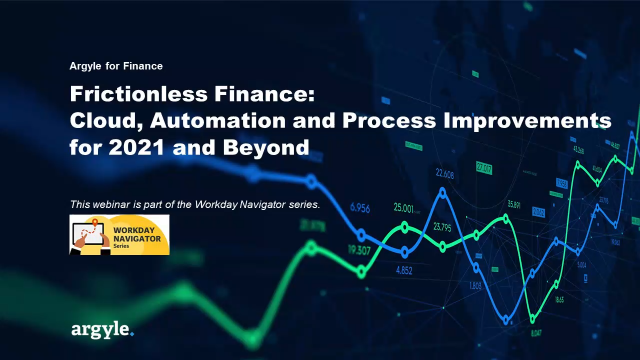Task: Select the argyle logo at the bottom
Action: [101, 328]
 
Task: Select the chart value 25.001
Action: [405, 208]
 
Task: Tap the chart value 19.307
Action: [359, 250]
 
